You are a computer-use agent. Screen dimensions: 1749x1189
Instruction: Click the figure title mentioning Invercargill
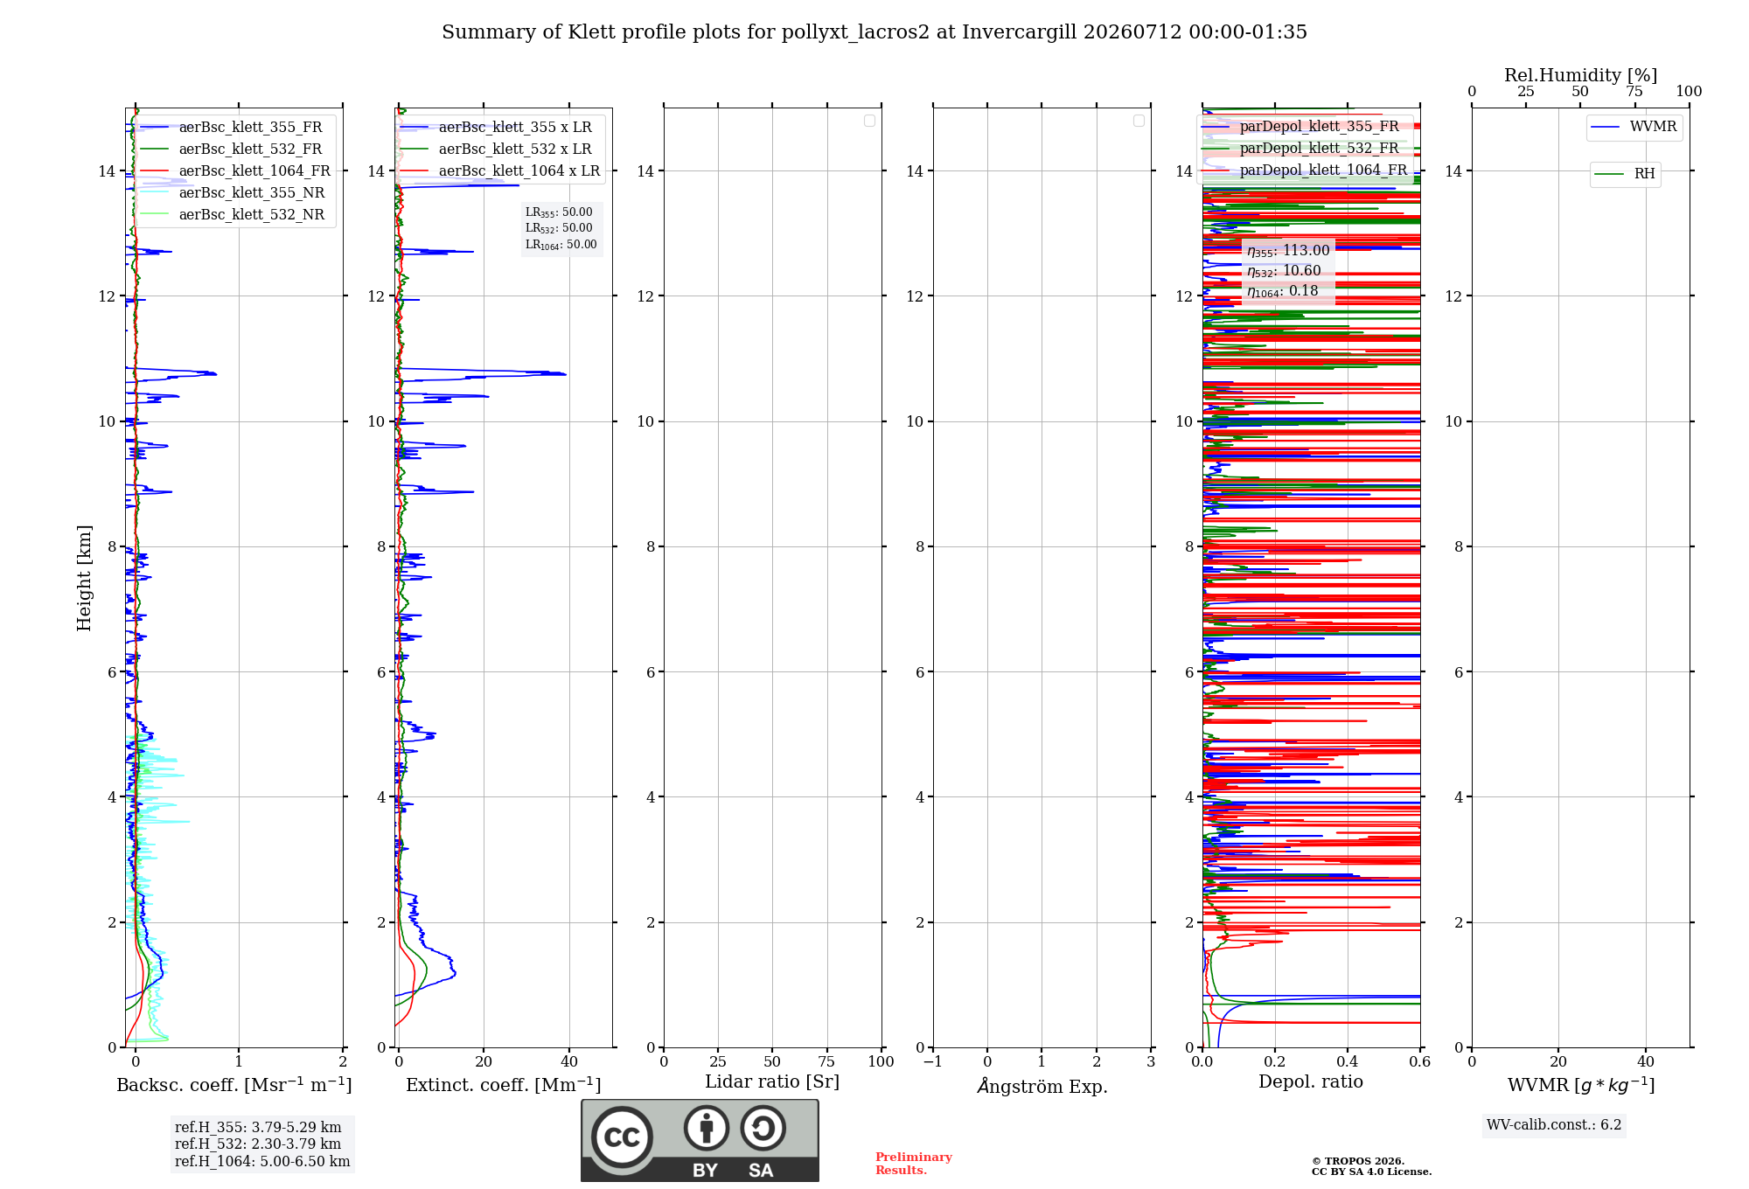[874, 32]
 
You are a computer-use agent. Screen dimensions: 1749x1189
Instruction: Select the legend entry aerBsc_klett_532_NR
[233, 215]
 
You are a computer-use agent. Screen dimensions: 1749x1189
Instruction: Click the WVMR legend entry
[1634, 127]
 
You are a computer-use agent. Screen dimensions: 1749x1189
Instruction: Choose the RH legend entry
[1625, 174]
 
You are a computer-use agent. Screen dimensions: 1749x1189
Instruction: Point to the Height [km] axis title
[84, 578]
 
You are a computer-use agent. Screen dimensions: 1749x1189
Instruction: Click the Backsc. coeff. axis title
[234, 1085]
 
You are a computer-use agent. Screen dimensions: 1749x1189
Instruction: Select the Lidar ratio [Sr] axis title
[772, 1082]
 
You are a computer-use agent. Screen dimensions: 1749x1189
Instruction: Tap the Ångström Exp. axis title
[1042, 1085]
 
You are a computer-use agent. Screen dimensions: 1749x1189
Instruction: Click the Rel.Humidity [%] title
[1581, 75]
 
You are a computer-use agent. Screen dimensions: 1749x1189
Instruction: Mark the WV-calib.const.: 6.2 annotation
[1554, 1125]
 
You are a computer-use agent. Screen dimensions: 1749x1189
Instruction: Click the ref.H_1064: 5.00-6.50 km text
[262, 1162]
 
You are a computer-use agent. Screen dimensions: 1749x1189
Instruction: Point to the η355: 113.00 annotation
[1288, 251]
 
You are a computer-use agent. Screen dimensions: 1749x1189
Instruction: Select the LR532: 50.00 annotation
[559, 228]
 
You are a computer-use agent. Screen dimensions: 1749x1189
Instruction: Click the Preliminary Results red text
[914, 1164]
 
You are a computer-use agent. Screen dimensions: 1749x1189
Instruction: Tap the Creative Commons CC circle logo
[622, 1137]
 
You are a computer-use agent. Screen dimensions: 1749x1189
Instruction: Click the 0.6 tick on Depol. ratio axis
[1419, 1062]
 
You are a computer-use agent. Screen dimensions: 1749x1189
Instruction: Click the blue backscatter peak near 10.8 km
[215, 374]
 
